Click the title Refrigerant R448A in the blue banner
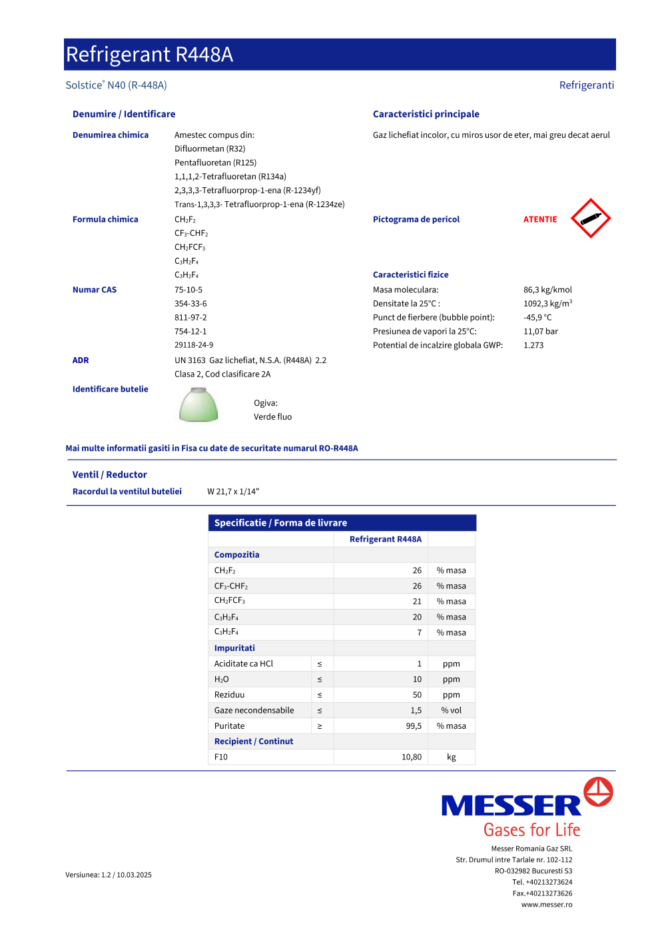coord(150,55)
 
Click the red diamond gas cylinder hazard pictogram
coord(591,219)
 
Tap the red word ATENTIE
coord(540,219)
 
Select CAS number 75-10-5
coord(188,290)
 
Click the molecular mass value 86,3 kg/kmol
coord(547,290)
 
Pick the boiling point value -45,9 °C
coord(537,318)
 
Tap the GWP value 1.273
coord(533,345)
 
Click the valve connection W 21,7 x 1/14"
coord(233,492)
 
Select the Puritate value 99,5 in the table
coord(414,726)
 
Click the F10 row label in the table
coord(221,757)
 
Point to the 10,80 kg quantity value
coord(412,757)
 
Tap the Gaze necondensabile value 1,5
coord(416,711)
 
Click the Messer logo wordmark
coord(511,805)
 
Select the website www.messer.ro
coord(547,905)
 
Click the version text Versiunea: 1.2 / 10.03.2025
coord(109,875)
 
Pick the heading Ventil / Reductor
coord(110,475)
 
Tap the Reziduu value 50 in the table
coord(417,695)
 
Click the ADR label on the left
coord(81,360)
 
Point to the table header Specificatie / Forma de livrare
coord(280,523)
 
